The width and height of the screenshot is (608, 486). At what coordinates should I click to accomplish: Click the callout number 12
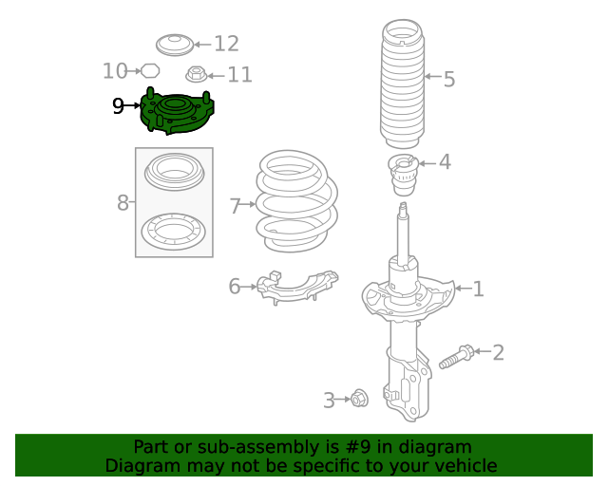coord(226,44)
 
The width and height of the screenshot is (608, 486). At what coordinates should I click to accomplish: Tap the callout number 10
coord(115,70)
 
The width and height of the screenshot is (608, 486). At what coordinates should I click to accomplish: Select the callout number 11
coord(239,74)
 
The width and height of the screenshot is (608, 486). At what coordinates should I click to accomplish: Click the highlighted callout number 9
coord(119,105)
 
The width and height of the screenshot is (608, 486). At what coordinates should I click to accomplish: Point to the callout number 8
coord(123,202)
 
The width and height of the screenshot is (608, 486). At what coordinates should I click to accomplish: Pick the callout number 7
coord(236,205)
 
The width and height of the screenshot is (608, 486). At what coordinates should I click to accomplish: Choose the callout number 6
coord(235,286)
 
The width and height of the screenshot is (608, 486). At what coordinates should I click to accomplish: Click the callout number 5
coord(448,79)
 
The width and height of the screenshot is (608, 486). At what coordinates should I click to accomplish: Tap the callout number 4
coord(444,162)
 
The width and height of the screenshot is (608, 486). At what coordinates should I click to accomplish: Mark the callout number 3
coord(329,401)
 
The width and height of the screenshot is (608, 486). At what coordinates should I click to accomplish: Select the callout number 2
coord(497,353)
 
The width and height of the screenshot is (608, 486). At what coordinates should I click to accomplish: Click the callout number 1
coord(478,289)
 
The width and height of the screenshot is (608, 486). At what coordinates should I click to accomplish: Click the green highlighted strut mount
coord(176,113)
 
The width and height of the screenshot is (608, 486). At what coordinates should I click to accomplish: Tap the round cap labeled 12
coord(174,44)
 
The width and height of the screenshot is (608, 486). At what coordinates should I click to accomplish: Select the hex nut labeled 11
coord(196,74)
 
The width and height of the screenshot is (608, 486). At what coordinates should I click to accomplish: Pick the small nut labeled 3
coord(359,399)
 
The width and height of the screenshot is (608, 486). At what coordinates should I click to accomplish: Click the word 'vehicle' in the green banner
coord(463,466)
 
